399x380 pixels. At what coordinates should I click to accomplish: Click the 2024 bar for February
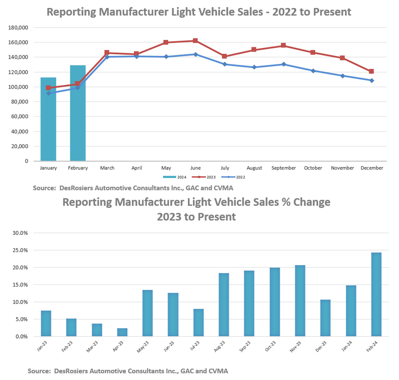[x=78, y=113]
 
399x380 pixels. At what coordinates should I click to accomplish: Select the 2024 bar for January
[x=48, y=119]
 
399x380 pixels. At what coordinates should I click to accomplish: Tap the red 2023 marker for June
[x=196, y=41]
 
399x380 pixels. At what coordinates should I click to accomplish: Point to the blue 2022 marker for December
[x=372, y=80]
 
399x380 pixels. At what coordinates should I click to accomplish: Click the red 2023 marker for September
[x=284, y=46]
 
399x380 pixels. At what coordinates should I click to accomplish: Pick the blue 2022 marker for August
[x=254, y=67]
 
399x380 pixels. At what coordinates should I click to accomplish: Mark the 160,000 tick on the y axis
[x=18, y=43]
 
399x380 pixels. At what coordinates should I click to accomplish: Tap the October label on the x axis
[x=313, y=168]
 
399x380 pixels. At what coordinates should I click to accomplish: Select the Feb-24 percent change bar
[x=376, y=294]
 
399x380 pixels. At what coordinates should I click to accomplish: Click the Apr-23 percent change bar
[x=122, y=332]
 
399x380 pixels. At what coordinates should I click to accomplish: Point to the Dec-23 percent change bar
[x=326, y=318]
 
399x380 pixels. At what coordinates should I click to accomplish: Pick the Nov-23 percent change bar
[x=300, y=301]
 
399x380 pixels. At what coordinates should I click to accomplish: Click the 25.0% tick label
[x=20, y=250]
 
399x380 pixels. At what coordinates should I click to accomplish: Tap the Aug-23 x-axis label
[x=220, y=346]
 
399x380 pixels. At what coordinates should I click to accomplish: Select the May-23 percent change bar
[x=148, y=313]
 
